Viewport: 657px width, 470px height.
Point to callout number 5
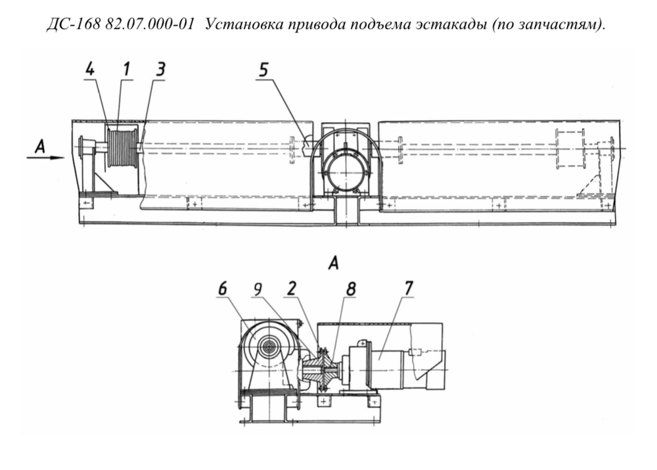(263, 70)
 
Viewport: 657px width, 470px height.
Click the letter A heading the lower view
(332, 264)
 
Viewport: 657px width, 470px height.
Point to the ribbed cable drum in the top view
(122, 148)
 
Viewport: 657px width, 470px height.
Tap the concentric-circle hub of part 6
(269, 346)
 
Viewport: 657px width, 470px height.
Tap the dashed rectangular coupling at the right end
(570, 150)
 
